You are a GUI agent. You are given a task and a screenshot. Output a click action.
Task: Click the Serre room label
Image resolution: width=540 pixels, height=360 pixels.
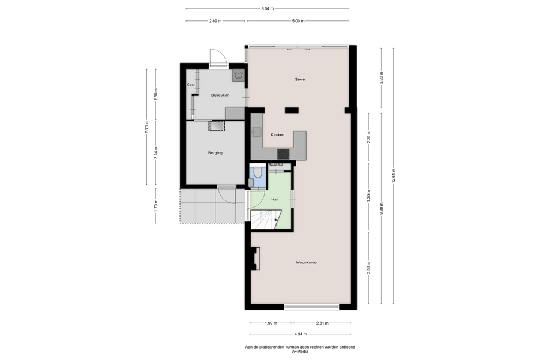[299, 79]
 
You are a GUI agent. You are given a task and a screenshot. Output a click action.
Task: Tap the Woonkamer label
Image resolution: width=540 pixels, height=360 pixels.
[307, 262]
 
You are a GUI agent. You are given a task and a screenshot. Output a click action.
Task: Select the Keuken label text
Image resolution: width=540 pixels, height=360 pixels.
[278, 134]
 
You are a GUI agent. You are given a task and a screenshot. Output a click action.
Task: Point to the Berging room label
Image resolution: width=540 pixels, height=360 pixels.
[215, 152]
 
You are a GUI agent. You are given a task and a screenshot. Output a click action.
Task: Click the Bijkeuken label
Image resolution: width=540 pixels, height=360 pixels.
[220, 95]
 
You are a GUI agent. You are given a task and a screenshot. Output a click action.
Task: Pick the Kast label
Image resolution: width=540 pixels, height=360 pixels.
[191, 85]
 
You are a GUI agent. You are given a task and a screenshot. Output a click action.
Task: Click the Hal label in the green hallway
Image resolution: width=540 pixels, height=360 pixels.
[274, 199]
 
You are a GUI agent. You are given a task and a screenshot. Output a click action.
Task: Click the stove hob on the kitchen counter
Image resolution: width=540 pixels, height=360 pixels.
[283, 154]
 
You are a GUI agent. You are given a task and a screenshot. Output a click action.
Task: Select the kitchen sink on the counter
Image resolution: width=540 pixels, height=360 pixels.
[257, 131]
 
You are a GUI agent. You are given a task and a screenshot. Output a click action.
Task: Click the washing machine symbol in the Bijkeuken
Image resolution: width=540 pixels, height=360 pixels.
[238, 76]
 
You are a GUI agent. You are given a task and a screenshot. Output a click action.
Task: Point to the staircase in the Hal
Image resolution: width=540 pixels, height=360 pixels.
[266, 220]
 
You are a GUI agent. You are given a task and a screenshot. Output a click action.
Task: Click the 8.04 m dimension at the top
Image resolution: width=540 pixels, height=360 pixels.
[267, 8]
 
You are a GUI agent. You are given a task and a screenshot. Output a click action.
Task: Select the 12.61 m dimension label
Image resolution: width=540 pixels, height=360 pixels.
[393, 176]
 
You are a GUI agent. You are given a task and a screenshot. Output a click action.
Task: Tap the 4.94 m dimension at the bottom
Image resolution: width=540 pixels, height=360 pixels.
[301, 334]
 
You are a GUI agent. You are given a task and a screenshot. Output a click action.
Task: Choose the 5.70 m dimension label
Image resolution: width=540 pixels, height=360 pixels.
[147, 127]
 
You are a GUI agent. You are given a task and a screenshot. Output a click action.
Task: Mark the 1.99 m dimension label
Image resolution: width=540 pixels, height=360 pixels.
[271, 323]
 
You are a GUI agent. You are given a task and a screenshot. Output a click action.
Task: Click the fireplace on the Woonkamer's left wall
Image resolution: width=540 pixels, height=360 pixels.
[255, 259]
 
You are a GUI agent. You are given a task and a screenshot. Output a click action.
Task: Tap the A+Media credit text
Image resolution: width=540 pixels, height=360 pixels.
[300, 352]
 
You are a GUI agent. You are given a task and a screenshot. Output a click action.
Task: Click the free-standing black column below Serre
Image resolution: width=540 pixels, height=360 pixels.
[292, 110]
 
